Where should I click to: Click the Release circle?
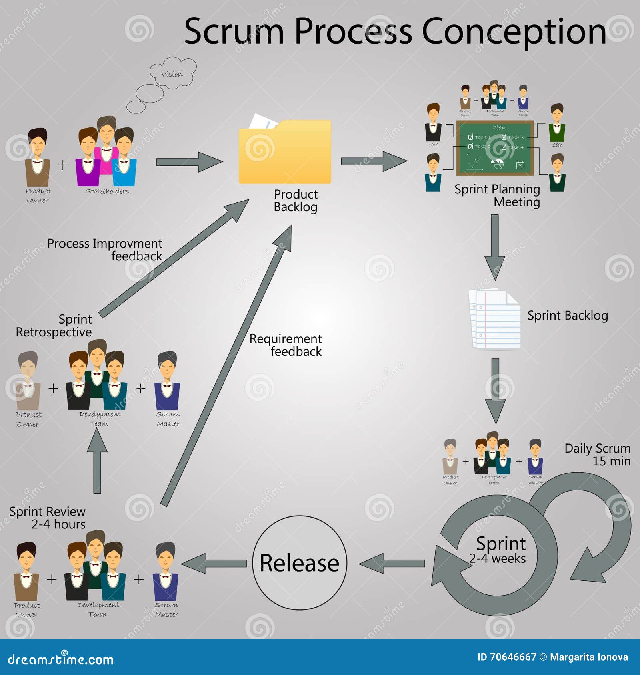[299, 563]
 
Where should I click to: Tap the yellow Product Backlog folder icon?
[285, 154]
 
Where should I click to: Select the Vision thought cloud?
[173, 73]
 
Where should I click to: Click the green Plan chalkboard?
[495, 148]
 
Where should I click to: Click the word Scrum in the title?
[234, 32]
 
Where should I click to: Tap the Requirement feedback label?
[286, 345]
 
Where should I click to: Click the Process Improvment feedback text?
[105, 250]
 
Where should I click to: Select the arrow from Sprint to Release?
[392, 563]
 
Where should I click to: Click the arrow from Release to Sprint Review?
[214, 563]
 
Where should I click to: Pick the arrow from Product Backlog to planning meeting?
[374, 161]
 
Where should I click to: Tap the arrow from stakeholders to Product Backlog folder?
[189, 162]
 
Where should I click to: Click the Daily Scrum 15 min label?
[598, 455]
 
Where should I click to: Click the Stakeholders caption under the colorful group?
[107, 191]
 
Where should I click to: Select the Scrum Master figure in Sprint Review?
[166, 571]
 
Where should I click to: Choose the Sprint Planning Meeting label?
[497, 195]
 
